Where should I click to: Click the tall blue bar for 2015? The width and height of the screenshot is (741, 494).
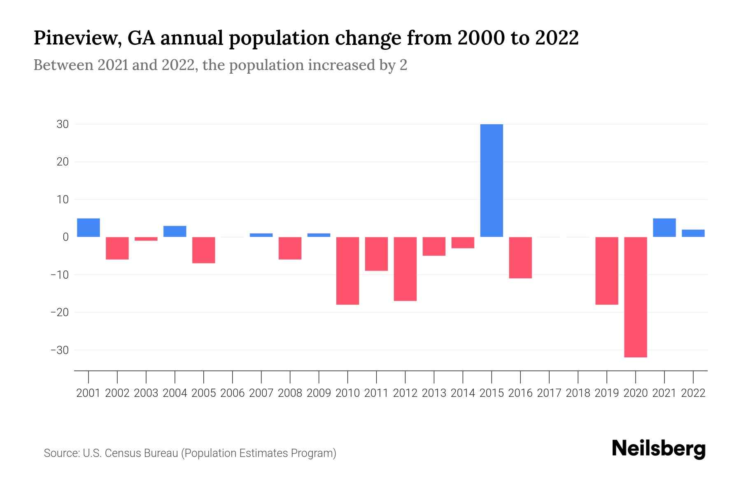coord(492,180)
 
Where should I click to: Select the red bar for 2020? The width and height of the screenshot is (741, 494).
coord(636,297)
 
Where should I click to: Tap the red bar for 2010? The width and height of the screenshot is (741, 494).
coord(347,270)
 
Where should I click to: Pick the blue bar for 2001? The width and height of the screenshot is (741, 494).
coord(89,228)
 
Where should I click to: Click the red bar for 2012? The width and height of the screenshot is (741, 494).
coord(405,269)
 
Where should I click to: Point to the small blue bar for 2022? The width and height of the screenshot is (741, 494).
coord(693,233)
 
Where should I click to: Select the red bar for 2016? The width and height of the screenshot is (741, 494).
coord(520,258)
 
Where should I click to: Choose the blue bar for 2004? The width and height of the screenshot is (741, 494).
coord(175,231)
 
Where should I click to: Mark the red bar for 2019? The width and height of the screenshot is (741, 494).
coord(607,270)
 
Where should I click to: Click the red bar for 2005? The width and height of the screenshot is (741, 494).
coord(204,250)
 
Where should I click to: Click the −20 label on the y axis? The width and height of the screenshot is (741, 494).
coord(59,312)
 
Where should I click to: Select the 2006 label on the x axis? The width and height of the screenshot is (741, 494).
coord(233,393)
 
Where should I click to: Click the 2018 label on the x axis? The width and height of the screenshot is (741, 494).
coord(578,393)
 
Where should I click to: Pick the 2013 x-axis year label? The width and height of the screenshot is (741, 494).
coord(434,393)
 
